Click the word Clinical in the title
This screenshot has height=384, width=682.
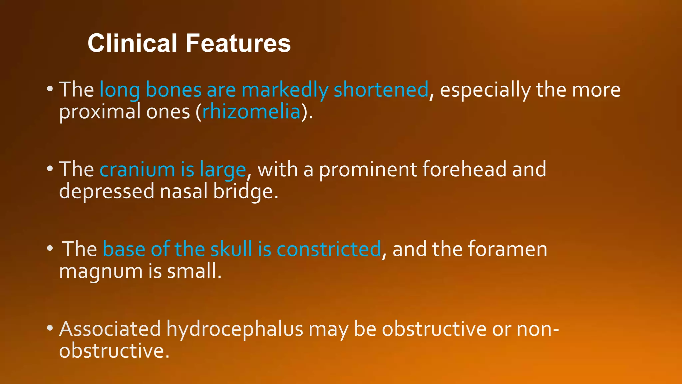(132, 43)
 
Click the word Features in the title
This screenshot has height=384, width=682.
(238, 43)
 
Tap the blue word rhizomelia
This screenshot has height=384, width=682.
(251, 112)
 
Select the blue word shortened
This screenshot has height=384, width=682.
(381, 90)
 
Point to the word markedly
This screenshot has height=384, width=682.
(285, 90)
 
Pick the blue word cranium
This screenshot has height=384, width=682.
(137, 169)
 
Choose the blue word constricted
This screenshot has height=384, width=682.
(329, 249)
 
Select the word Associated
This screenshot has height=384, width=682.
(110, 329)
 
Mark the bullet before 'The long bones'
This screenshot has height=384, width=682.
(50, 89)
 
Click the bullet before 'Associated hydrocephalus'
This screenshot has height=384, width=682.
(50, 328)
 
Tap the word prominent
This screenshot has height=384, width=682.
(368, 169)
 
